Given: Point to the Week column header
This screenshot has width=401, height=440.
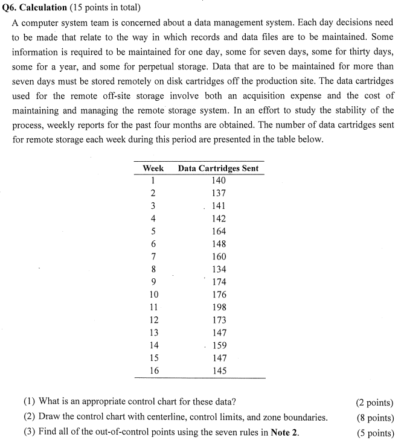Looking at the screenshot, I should click(153, 168).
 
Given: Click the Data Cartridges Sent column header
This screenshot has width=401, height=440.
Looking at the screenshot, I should click(218, 168).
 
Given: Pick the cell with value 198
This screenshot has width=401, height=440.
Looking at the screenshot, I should click(219, 307).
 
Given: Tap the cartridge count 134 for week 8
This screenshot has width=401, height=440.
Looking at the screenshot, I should click(219, 269).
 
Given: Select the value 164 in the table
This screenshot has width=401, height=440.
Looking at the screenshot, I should click(219, 231).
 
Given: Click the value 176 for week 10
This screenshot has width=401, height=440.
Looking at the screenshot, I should click(219, 295).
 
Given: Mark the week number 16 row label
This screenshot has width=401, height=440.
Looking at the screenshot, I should click(154, 371).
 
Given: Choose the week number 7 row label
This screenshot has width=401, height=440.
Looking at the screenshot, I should click(153, 257).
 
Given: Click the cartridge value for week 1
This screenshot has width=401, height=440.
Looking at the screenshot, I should click(219, 180).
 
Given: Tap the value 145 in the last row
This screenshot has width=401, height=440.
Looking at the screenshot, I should click(219, 371).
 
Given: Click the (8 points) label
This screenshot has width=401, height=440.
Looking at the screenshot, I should click(374, 418).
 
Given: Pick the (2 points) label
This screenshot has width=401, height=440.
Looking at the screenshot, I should click(374, 403).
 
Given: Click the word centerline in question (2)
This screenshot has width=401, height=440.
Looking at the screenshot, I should click(159, 417).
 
